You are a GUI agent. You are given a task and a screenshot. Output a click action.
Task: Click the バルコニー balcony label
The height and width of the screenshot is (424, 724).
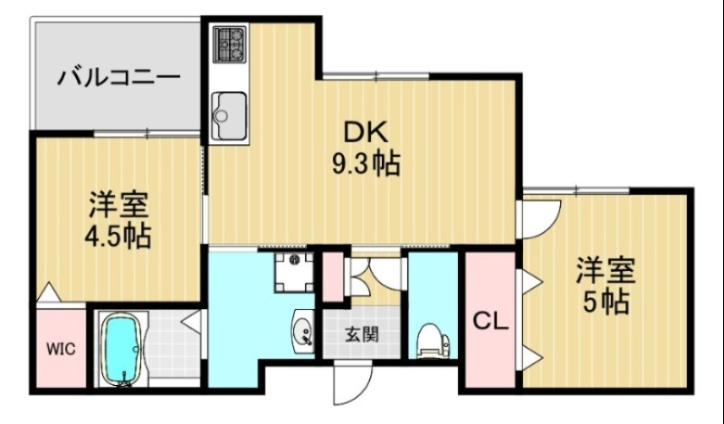(119, 76)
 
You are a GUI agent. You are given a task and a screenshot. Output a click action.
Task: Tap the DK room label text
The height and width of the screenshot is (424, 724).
(365, 132)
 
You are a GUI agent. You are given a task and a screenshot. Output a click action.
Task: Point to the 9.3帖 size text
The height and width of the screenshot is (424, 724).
(364, 165)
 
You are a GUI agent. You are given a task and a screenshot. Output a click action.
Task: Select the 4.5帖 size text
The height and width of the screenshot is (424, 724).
(118, 236)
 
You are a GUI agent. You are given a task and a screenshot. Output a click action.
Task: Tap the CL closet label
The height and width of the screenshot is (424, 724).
(490, 321)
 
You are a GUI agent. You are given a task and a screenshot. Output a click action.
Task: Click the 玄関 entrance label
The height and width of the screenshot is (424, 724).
(361, 333)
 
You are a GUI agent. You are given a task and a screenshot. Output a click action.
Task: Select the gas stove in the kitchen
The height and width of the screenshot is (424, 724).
(229, 44)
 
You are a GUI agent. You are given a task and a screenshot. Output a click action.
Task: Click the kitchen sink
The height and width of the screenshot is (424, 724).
(228, 115)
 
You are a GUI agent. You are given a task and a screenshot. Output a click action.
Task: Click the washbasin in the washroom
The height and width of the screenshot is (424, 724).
(303, 330)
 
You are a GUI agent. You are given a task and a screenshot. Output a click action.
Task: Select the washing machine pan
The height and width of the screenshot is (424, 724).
(294, 270)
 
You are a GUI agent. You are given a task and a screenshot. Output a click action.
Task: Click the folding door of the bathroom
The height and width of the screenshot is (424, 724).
(191, 319)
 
